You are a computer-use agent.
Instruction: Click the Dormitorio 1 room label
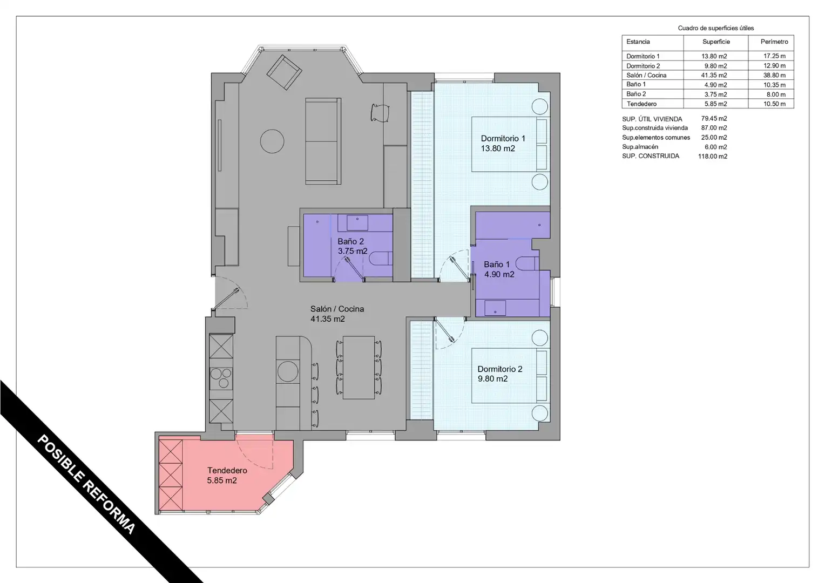(503, 143)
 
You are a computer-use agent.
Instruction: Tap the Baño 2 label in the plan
(353, 246)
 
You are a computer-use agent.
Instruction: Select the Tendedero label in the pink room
(227, 475)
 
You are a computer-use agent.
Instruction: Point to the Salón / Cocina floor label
(337, 314)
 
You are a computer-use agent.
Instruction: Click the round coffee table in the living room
(272, 141)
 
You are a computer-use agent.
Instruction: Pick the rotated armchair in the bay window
(284, 72)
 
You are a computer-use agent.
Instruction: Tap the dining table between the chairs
(359, 367)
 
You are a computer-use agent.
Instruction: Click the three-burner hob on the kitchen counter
(221, 378)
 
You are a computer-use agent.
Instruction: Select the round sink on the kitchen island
(288, 371)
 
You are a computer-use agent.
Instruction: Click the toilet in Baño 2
(381, 259)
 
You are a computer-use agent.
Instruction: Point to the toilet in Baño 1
(527, 263)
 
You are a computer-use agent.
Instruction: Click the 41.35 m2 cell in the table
(714, 75)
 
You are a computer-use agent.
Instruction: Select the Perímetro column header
(774, 42)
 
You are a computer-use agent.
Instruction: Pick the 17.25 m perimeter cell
(774, 56)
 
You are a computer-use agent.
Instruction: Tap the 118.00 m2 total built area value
(712, 156)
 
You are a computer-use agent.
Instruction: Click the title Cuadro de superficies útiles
(715, 28)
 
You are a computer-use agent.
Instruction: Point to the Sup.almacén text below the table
(640, 147)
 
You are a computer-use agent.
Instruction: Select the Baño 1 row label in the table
(635, 84)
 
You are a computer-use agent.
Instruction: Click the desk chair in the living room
(380, 113)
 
